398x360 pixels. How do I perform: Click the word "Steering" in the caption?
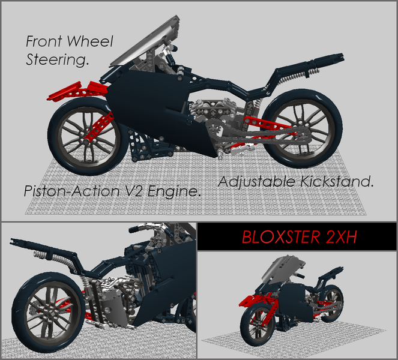click(58, 60)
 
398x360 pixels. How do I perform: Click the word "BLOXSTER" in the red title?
click(278, 237)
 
